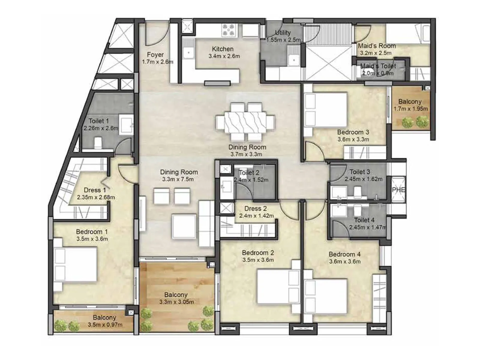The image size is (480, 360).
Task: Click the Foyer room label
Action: (x=155, y=55)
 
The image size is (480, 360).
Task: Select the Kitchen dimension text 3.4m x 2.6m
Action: (x=224, y=56)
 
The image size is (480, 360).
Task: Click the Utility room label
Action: (x=283, y=33)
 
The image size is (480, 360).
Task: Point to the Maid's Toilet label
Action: (x=378, y=66)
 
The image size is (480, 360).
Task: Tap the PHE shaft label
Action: (x=398, y=190)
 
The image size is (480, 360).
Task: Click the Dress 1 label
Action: (x=95, y=190)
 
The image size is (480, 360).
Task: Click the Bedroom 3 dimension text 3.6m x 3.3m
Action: (x=353, y=139)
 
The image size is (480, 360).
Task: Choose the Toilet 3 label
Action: (x=360, y=172)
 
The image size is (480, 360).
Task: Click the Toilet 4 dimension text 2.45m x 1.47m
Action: (x=367, y=227)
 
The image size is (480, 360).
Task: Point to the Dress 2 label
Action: (x=255, y=208)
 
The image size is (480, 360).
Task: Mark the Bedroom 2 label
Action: (x=258, y=253)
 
